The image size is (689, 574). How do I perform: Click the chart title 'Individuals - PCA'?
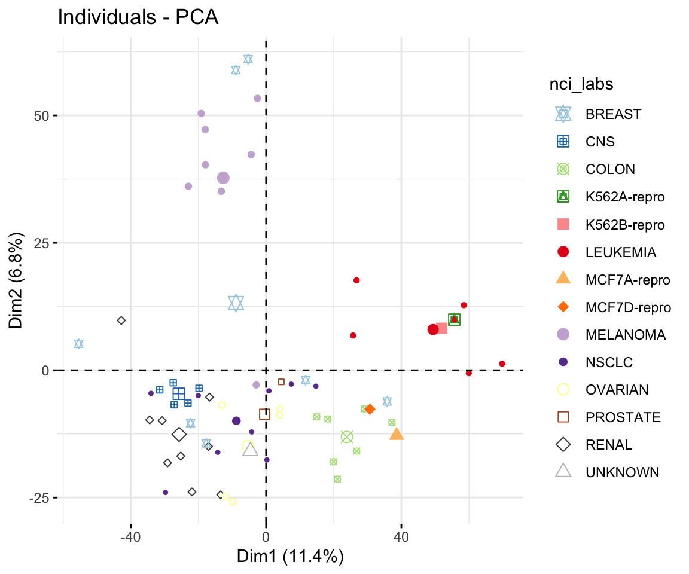(138, 18)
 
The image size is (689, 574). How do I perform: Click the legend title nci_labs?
(581, 85)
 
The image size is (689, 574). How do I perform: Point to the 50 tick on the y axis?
(45, 115)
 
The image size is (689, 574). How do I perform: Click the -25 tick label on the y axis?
(43, 497)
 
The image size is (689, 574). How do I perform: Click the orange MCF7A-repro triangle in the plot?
(397, 434)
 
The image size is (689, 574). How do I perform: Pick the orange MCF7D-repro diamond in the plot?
(370, 410)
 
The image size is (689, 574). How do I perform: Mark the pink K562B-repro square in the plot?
(441, 328)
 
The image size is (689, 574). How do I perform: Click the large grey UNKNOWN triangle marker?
(250, 449)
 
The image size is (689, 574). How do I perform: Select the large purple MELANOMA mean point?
(223, 178)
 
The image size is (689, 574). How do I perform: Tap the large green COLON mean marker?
(347, 437)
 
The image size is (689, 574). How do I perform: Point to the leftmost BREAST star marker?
(78, 344)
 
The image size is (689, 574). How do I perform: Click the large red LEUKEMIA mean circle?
(433, 329)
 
